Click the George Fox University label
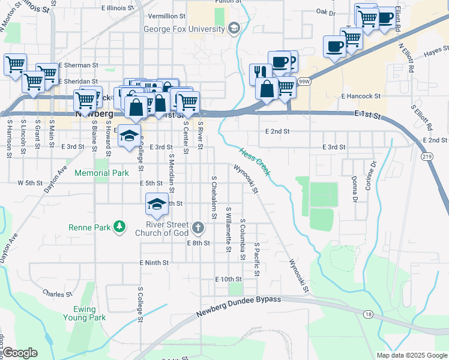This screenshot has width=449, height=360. click(x=186, y=28)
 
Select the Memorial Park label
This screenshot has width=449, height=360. click(x=101, y=173)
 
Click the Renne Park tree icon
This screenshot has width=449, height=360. click(x=121, y=226)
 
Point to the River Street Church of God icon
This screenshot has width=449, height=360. click(x=198, y=227)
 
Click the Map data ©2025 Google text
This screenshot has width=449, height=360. click(x=412, y=355)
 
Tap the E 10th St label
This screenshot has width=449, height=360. click(x=228, y=280)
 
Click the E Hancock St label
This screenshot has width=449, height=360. click(x=361, y=96)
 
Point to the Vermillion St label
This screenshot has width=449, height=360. click(x=166, y=16)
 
